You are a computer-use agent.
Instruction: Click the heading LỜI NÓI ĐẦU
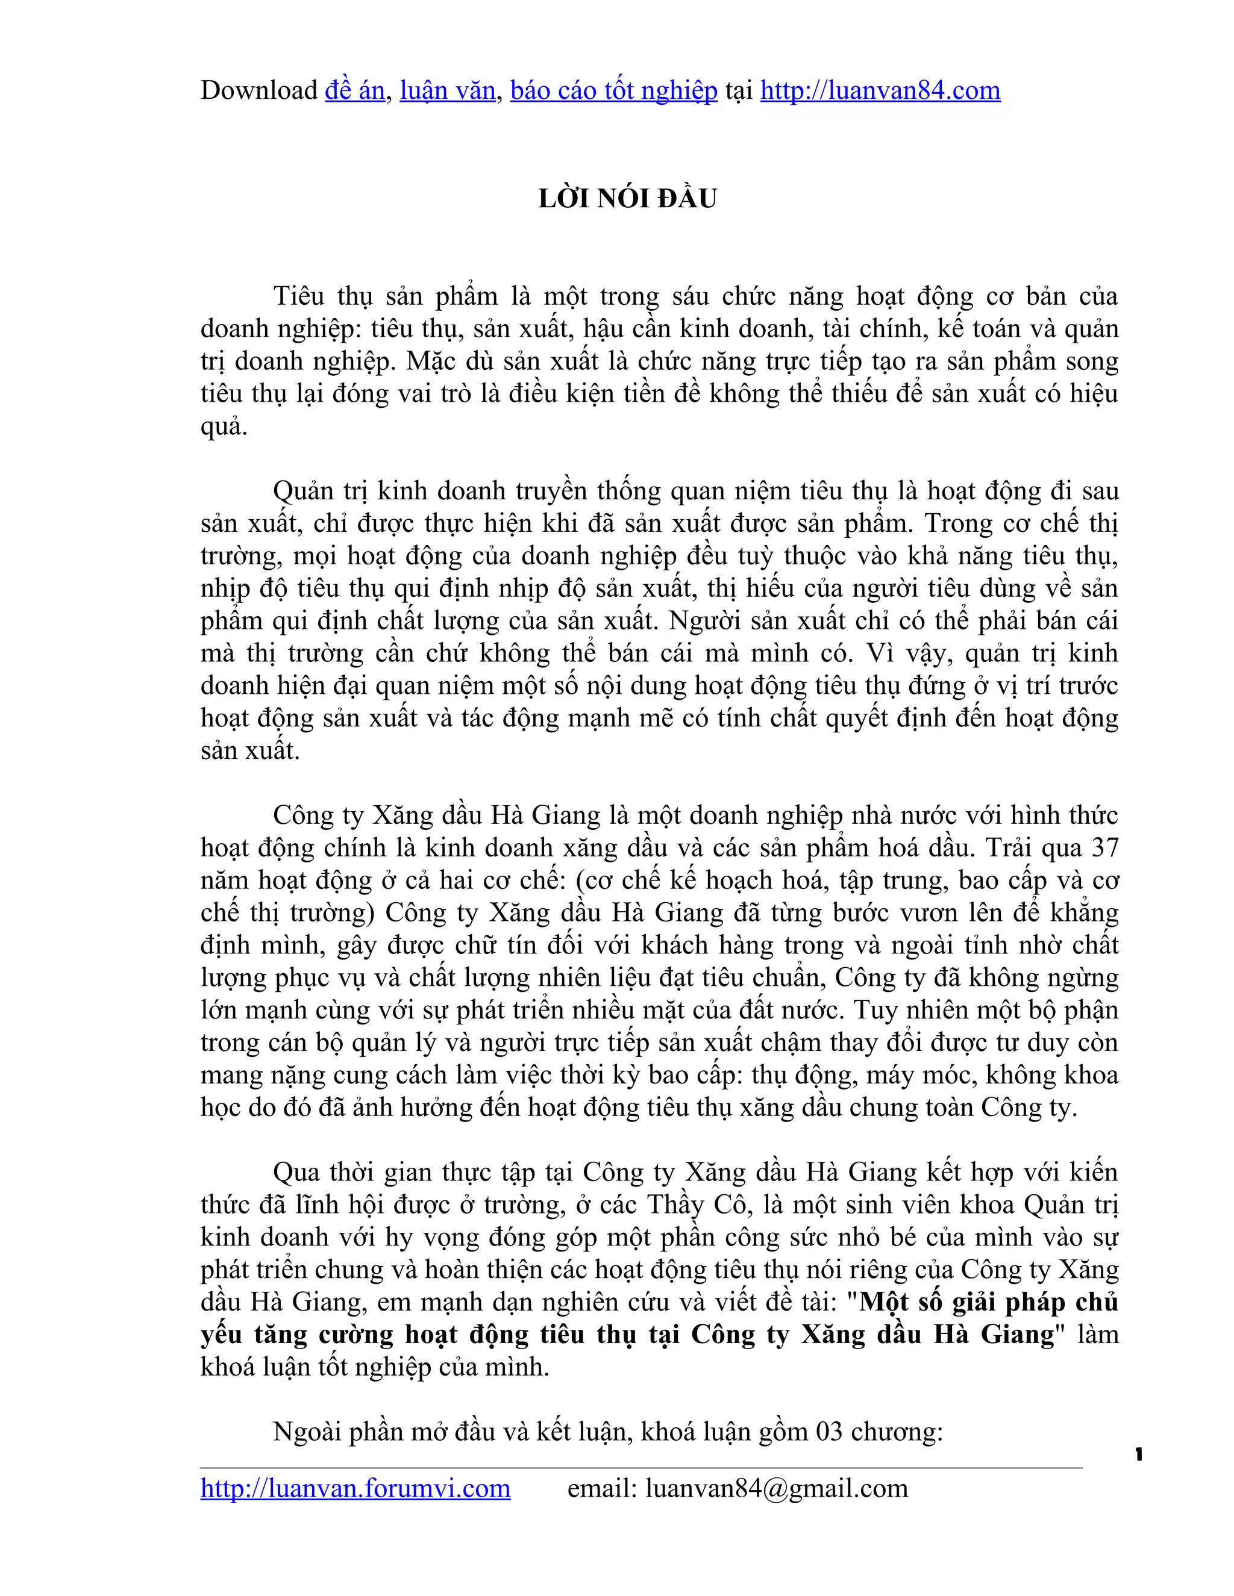coord(627,199)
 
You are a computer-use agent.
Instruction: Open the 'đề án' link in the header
coord(354,90)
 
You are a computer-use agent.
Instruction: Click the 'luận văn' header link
coord(448,90)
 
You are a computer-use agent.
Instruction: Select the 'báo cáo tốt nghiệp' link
coord(613,90)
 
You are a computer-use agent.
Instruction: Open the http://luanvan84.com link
coord(880,90)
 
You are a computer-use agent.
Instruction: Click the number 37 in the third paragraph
coord(1104,848)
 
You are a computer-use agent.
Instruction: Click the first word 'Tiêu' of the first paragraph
coord(298,296)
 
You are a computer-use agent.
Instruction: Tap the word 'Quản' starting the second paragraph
coord(302,491)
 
